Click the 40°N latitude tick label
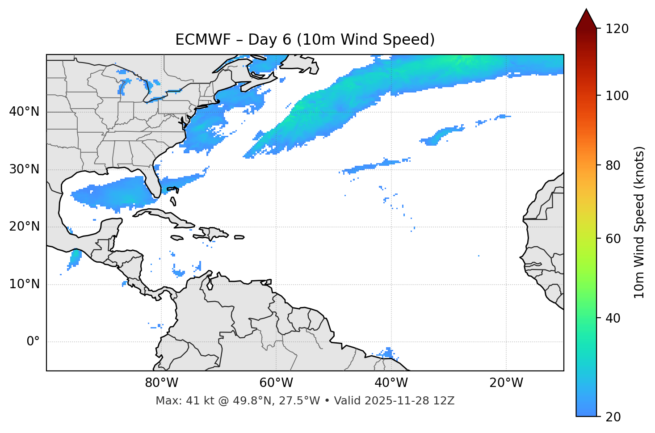pyautogui.click(x=24, y=112)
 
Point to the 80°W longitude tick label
pyautogui.click(x=161, y=383)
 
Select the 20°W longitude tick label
pyautogui.click(x=506, y=383)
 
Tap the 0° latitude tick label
pyautogui.click(x=33, y=342)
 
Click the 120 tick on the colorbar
pyautogui.click(x=617, y=29)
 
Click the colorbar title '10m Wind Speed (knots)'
pyautogui.click(x=639, y=223)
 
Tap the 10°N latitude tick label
pyautogui.click(x=24, y=284)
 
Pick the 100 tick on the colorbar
pyautogui.click(x=617, y=96)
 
